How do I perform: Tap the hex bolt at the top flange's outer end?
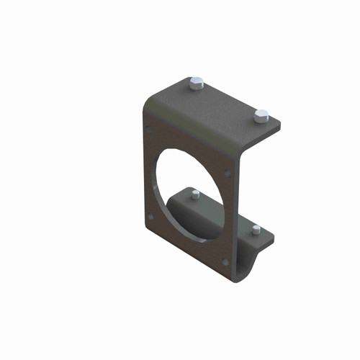click(x=261, y=114)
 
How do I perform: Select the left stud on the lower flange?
click(x=195, y=194)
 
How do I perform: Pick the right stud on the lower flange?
click(x=256, y=230)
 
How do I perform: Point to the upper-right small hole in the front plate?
click(x=228, y=173)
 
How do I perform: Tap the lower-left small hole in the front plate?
click(x=149, y=217)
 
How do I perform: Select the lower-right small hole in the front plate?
click(x=227, y=261)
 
